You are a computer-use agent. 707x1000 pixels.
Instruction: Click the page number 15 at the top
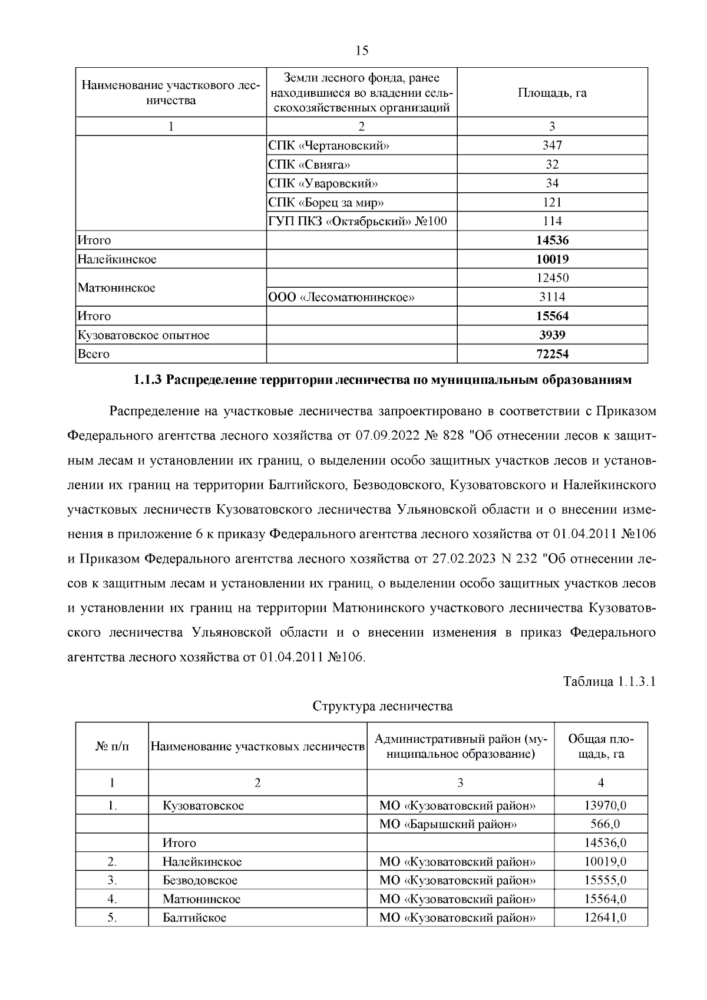click(362, 51)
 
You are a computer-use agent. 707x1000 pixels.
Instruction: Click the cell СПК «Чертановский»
click(329, 146)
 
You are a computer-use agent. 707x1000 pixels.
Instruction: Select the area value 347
click(552, 146)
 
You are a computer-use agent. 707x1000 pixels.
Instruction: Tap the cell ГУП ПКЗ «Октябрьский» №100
click(357, 221)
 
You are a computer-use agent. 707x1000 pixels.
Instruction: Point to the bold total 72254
click(552, 354)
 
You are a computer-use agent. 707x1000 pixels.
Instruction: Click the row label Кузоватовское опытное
click(143, 335)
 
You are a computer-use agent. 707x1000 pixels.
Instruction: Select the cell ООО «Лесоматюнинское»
click(342, 297)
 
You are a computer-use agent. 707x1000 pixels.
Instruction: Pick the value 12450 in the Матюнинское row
click(552, 278)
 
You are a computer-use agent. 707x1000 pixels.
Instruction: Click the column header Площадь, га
click(552, 93)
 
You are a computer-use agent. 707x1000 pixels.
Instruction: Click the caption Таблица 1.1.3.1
click(609, 682)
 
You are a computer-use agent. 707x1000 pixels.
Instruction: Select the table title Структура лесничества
click(382, 706)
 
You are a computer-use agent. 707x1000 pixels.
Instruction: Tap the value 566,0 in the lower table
click(605, 824)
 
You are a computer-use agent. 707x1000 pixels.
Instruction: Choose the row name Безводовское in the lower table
click(200, 880)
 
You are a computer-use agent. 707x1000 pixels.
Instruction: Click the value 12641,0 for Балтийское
click(605, 918)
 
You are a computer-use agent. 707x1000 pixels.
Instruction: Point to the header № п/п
click(112, 746)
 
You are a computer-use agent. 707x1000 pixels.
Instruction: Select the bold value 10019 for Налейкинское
click(552, 259)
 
